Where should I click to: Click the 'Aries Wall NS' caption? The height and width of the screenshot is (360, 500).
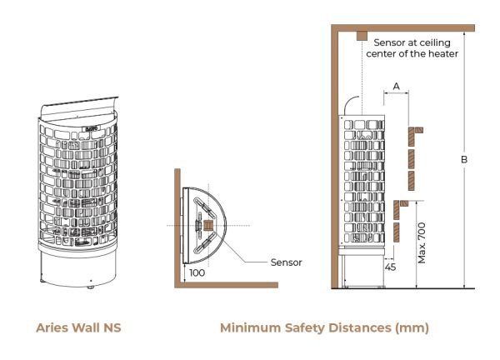click(x=78, y=327)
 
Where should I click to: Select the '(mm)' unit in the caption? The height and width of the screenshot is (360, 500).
click(x=412, y=327)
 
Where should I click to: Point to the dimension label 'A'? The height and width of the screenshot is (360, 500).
click(x=396, y=86)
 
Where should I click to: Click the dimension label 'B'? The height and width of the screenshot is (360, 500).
click(x=464, y=160)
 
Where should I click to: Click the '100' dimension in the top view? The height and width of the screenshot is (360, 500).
click(x=197, y=272)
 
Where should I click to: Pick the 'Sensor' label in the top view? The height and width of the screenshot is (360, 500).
click(x=286, y=262)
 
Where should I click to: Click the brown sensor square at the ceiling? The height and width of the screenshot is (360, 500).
click(x=362, y=36)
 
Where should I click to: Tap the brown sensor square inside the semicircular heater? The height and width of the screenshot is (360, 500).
click(x=207, y=226)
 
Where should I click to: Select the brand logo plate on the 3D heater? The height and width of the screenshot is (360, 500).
click(x=91, y=128)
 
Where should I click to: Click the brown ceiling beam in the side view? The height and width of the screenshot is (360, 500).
click(x=400, y=28)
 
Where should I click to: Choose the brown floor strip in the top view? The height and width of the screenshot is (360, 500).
click(x=225, y=286)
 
